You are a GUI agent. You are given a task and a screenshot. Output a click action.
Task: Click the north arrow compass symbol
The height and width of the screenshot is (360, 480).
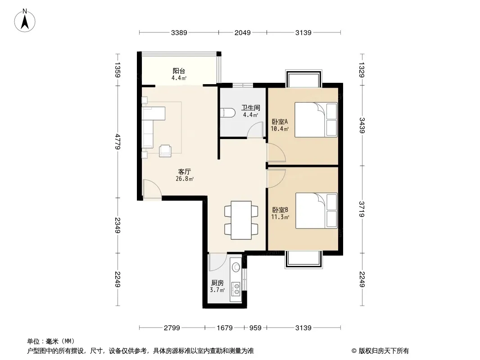point(25,21)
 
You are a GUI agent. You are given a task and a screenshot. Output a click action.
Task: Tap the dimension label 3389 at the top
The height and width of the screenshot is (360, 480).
point(179,32)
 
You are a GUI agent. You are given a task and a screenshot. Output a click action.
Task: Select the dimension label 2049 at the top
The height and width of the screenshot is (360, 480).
point(242,32)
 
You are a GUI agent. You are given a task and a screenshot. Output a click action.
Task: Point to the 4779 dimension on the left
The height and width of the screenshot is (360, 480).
point(118,141)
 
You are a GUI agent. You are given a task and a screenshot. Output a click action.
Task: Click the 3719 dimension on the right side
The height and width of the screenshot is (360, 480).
point(362,209)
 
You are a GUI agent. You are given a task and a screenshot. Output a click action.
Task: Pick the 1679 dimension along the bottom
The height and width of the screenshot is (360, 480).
point(225,328)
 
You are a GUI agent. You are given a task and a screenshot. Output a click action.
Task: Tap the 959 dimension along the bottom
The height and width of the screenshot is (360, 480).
point(255,328)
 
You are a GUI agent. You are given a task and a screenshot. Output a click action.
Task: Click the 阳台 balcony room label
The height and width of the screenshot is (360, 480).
point(179,71)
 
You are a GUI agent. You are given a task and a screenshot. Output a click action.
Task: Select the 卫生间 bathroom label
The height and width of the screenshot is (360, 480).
point(250,108)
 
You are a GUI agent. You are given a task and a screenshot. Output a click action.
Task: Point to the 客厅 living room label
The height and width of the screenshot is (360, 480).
point(184,171)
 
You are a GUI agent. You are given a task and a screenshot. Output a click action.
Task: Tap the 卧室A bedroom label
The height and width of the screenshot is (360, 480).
point(280,121)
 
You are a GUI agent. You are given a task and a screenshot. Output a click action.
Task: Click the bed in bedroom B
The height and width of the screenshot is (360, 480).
point(316,211)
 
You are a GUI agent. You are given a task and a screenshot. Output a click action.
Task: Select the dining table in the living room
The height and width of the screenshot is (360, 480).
point(241,220)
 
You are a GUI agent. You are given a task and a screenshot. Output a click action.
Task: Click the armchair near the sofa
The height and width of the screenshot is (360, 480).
point(165,151)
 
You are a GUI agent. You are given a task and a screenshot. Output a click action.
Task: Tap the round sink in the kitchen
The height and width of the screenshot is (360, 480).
point(236,267)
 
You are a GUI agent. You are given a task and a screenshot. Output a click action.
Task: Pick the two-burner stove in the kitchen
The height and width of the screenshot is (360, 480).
point(235,289)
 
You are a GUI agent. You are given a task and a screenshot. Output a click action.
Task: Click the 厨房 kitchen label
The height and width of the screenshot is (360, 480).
point(217,283)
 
